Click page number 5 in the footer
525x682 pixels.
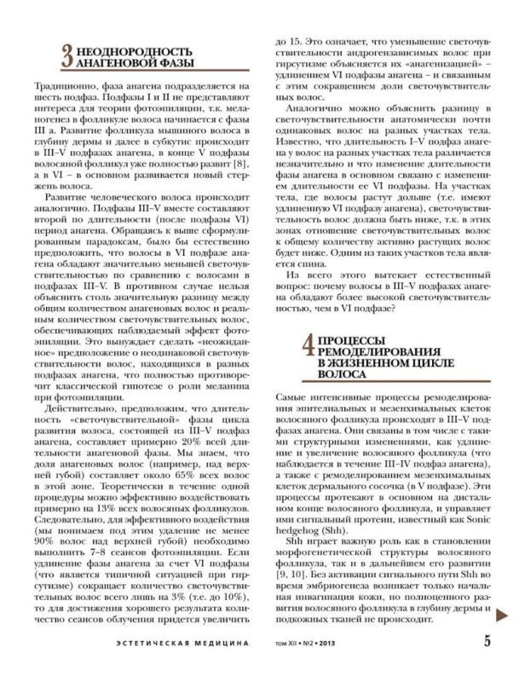click(487, 643)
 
